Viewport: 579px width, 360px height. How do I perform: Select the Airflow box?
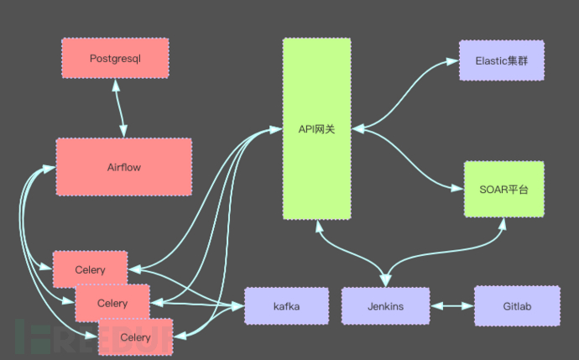coord(123,166)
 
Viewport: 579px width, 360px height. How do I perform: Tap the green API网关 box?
coord(316,128)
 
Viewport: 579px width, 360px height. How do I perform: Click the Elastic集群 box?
coord(501,60)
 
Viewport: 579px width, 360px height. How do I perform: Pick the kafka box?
coord(286,306)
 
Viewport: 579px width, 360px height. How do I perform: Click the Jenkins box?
coord(385,306)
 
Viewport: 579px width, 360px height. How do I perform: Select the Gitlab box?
coord(516,305)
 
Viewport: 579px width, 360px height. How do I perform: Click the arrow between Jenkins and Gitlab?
coord(452,306)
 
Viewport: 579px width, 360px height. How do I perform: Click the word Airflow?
coord(124,167)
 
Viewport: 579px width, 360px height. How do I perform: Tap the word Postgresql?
coord(115,59)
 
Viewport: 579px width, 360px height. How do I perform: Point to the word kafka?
coord(286,306)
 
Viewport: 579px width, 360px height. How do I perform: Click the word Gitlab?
coord(516,306)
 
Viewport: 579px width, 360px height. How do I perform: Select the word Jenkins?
coord(385,306)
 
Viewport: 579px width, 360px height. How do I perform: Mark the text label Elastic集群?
coord(501,60)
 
